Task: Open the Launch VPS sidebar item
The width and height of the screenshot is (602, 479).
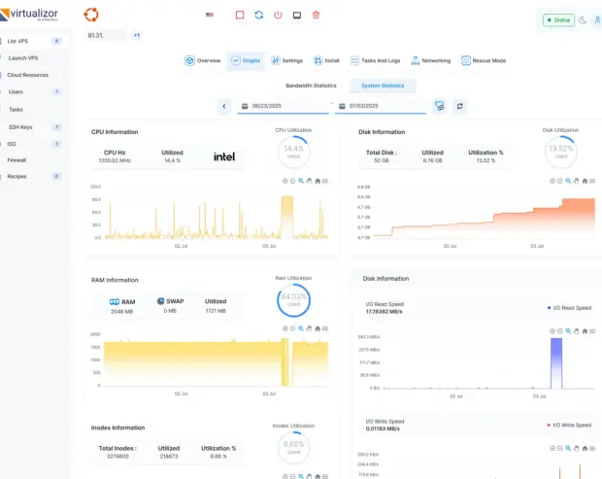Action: (22, 57)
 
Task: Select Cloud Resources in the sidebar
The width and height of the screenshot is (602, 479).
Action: (27, 75)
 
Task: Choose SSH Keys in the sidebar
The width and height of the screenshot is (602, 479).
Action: (20, 126)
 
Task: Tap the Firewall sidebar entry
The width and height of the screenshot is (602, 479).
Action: (17, 159)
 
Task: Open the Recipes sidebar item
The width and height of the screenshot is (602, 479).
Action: (17, 176)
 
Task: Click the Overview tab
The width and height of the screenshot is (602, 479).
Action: (203, 60)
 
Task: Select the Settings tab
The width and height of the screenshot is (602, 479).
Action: (287, 60)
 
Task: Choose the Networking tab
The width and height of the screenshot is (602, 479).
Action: (430, 60)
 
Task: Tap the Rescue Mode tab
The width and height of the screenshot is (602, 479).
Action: (484, 60)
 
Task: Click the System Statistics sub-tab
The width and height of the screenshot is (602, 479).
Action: (383, 86)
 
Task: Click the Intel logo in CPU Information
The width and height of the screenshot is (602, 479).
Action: (224, 155)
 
